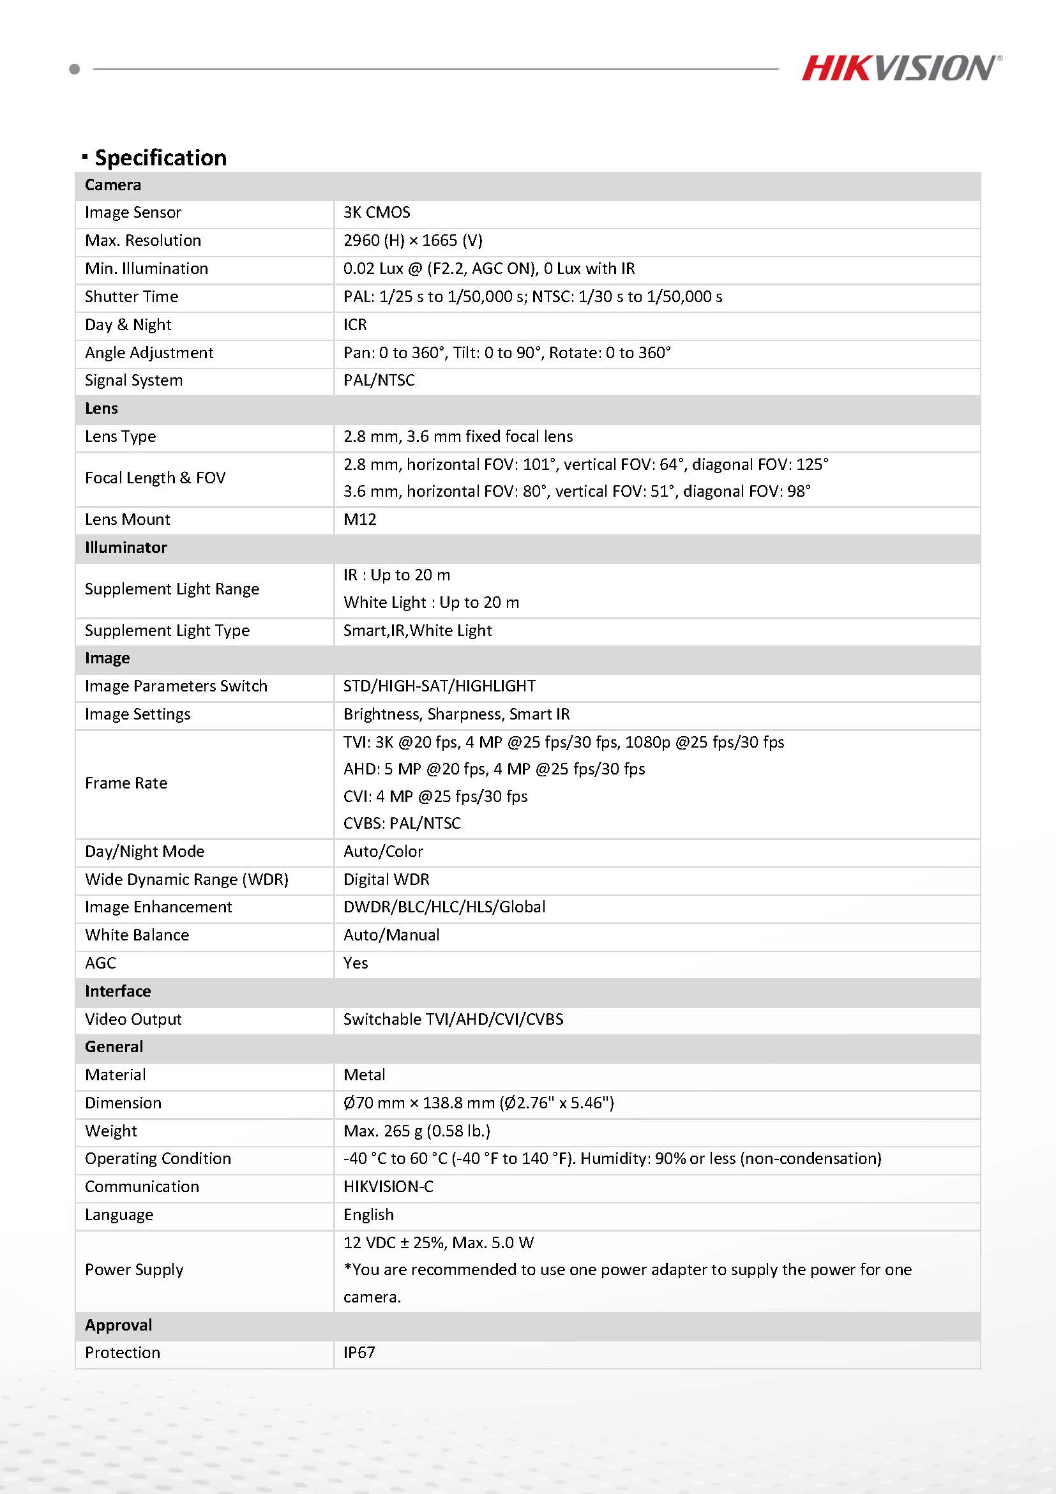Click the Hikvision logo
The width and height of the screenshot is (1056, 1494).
pos(900,68)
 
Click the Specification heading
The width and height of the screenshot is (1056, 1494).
pos(160,158)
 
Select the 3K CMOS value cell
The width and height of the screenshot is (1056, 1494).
pos(377,213)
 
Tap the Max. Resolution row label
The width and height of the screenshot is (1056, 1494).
pos(142,241)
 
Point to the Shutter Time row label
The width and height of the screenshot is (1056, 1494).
pos(132,297)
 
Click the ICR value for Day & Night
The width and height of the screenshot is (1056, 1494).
pos(355,325)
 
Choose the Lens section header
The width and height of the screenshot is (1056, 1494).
pos(102,409)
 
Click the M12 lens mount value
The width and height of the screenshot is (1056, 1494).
pos(360,519)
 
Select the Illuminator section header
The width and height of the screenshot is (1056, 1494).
pos(126,547)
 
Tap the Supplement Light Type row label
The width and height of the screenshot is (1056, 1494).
pos(167,631)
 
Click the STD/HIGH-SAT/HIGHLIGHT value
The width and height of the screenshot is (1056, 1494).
pos(439,686)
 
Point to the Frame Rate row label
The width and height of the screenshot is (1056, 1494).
pos(126,783)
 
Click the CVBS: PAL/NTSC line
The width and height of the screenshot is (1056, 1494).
pos(402,823)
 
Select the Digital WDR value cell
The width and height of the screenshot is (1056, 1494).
pos(386,879)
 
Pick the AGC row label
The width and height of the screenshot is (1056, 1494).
pos(100,963)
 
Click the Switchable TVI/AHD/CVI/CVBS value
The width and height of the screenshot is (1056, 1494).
pos(453,1019)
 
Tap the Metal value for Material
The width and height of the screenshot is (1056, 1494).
pos(365,1075)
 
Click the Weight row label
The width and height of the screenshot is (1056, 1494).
pos(110,1131)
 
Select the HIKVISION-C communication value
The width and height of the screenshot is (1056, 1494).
pos(388,1186)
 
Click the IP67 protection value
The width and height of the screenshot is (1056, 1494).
pos(359,1353)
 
